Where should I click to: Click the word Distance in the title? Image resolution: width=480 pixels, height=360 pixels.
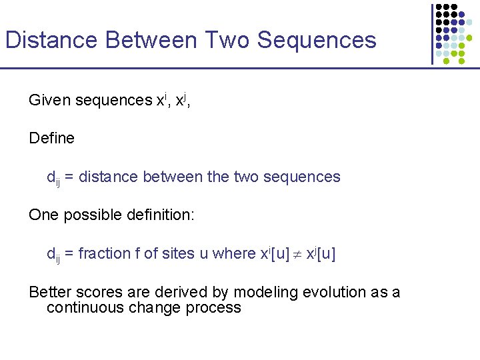point(51,41)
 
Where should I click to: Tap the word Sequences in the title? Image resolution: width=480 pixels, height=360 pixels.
point(317,41)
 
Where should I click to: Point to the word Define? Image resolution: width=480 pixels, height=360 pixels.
point(52,139)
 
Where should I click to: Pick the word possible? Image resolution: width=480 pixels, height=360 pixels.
point(95,215)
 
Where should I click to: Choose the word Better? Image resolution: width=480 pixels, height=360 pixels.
point(51,292)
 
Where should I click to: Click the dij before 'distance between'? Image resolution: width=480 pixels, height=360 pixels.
point(53,178)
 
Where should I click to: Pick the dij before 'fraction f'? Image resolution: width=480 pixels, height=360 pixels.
point(53,255)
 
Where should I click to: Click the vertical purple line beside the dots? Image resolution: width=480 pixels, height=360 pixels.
point(432,33)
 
